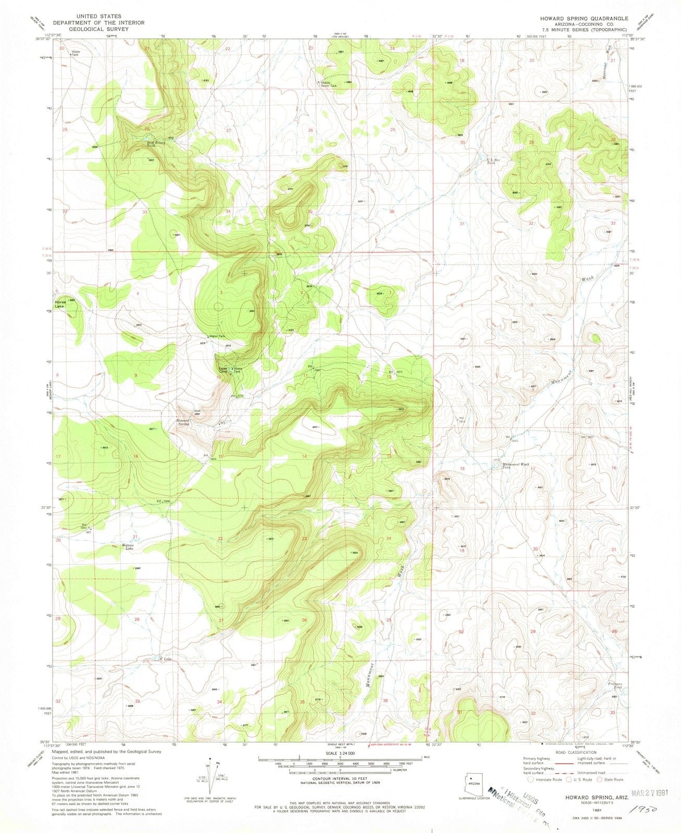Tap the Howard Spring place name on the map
(x=183, y=422)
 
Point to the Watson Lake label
(x=128, y=547)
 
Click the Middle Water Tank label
(x=332, y=84)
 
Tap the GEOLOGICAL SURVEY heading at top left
(x=98, y=30)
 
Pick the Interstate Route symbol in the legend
(x=530, y=779)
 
